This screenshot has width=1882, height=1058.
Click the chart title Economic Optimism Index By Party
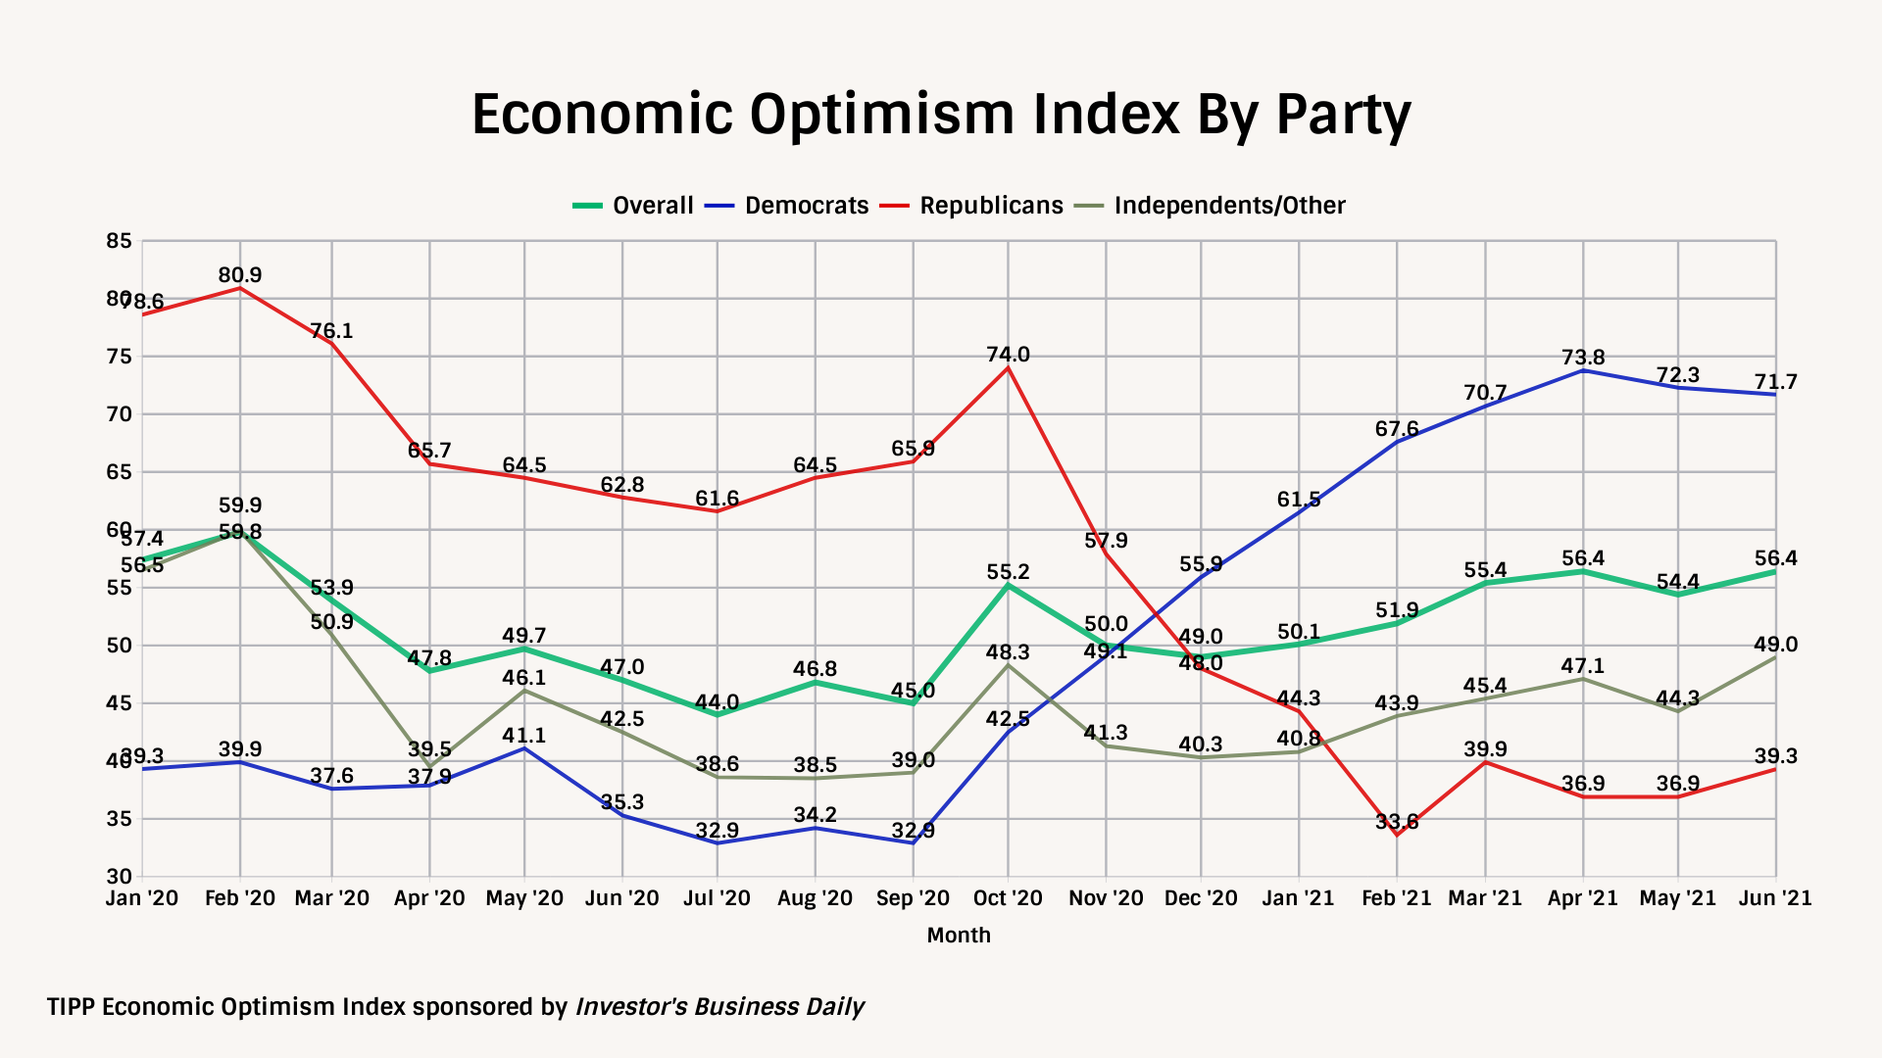tap(941, 115)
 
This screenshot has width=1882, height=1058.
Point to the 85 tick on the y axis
tap(119, 241)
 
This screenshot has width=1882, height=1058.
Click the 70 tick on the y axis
tap(119, 414)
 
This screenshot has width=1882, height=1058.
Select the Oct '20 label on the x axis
tap(1008, 898)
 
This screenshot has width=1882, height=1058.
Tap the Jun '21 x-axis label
tap(1775, 898)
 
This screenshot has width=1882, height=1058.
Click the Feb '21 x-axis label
tap(1397, 898)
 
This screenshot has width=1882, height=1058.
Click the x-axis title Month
tap(959, 936)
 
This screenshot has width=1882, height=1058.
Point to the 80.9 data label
tap(240, 275)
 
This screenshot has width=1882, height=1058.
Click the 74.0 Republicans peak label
tap(1009, 355)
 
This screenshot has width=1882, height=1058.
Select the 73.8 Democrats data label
tap(1583, 358)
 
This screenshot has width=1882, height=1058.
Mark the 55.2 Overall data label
tap(1009, 572)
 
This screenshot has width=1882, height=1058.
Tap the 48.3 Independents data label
tap(1009, 652)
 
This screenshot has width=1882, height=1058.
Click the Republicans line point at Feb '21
tap(1397, 835)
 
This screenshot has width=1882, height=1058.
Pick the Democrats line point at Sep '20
tap(914, 842)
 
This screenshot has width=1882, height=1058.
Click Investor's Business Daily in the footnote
tap(719, 1007)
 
